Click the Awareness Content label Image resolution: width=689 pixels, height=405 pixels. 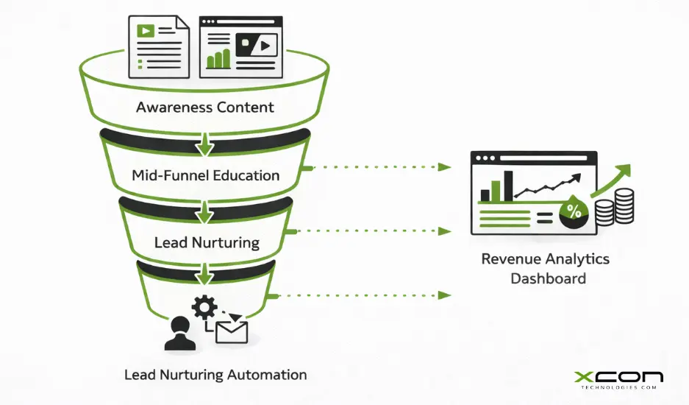204,108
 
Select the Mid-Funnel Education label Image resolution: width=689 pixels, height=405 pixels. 205,176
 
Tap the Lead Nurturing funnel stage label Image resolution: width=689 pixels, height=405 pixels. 206,242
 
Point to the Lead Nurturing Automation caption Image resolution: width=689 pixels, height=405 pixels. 215,375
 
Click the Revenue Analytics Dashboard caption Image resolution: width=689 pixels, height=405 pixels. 545,269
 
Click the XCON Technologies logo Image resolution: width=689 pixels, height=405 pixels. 618,379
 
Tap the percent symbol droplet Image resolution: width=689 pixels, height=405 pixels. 574,211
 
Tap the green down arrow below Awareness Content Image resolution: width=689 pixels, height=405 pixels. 205,147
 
